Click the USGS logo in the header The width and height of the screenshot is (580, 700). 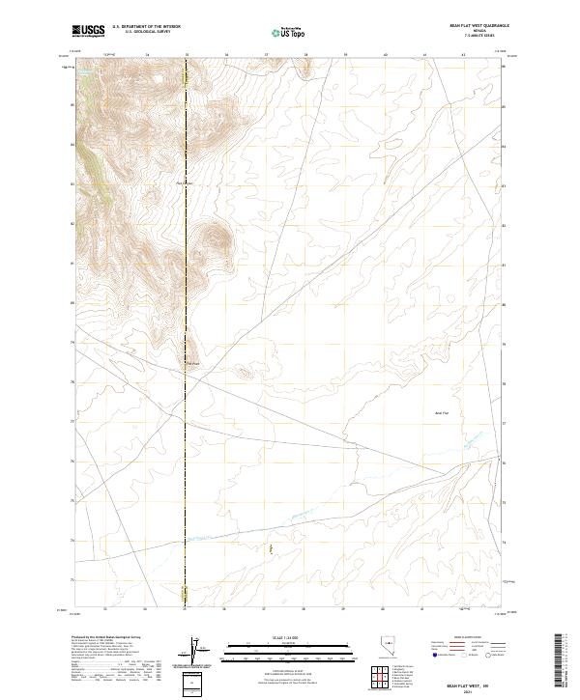coord(89,32)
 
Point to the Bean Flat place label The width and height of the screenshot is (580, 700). coord(440,413)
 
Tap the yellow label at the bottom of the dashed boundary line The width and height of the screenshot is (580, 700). coord(186,590)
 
